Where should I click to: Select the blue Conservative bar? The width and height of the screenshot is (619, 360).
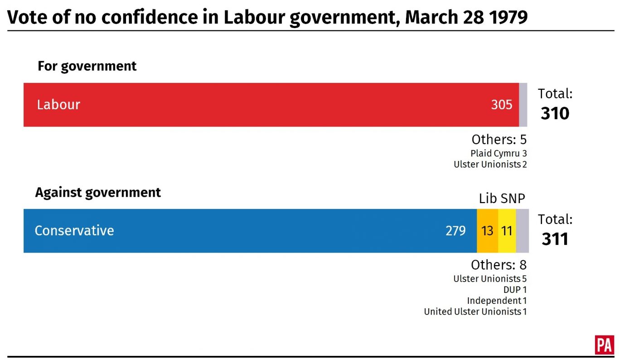tap(250, 231)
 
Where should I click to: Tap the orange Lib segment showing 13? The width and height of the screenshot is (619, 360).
tap(487, 231)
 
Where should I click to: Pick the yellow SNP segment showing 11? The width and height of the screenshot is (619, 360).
tap(507, 231)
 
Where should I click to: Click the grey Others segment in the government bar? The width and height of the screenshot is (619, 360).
tap(523, 105)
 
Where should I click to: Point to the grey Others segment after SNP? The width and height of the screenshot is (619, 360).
tap(522, 231)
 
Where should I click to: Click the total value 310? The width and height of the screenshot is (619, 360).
tap(555, 113)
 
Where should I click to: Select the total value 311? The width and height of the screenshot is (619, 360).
tap(555, 239)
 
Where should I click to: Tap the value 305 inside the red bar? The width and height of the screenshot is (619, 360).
tap(502, 105)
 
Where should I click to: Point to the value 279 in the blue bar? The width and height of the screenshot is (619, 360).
tap(455, 231)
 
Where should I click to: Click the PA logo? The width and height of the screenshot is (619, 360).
tap(604, 345)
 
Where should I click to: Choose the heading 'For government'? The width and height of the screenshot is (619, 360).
tap(87, 66)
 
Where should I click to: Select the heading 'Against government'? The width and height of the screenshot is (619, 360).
tap(98, 192)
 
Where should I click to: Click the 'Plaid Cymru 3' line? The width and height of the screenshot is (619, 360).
tap(498, 153)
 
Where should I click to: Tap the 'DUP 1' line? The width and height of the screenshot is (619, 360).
tap(515, 290)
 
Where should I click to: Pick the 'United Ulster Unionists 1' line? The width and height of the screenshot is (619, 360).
tap(475, 311)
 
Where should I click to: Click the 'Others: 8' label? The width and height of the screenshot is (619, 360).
tap(498, 265)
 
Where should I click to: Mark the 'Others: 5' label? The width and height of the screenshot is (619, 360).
tap(499, 139)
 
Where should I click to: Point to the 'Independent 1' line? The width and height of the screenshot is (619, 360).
tap(497, 301)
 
